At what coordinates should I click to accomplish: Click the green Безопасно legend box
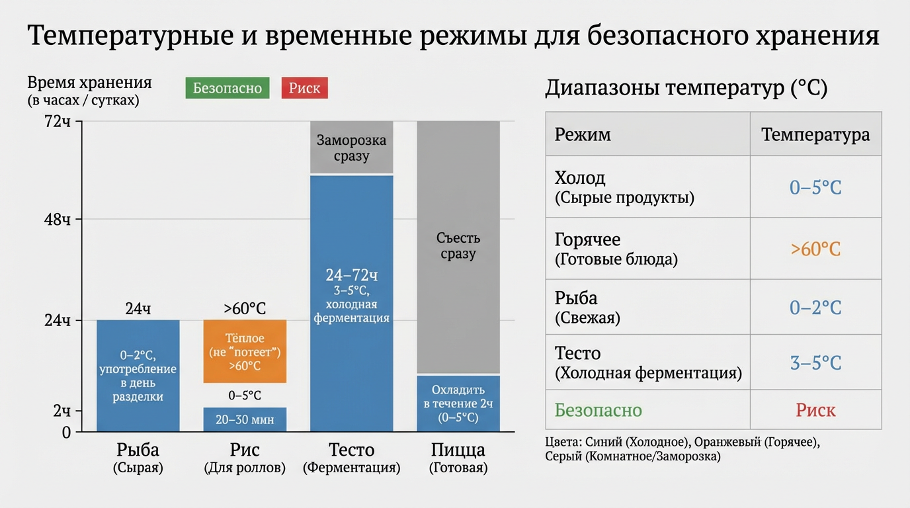pos(227,88)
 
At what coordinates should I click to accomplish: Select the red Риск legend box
pos(304,88)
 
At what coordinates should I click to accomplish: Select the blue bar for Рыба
pos(138,376)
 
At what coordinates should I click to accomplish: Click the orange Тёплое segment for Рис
pos(245,351)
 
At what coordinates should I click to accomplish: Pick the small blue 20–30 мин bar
pos(245,419)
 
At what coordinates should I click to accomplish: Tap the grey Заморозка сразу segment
pos(351,148)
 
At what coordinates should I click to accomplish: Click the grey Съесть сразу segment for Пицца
pos(458,247)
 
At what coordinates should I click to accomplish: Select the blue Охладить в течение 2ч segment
pos(458,403)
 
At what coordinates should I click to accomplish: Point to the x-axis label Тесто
pos(351,450)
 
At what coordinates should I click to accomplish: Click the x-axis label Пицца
pos(458,450)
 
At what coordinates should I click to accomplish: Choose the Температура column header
pos(815,134)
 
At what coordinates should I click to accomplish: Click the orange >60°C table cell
pos(815,249)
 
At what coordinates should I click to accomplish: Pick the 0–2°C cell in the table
pos(815,308)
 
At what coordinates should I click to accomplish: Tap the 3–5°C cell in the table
pos(815,362)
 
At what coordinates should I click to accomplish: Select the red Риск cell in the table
pos(815,410)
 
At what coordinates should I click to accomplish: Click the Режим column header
pos(583,134)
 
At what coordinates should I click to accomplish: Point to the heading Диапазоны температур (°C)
pos(686,88)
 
